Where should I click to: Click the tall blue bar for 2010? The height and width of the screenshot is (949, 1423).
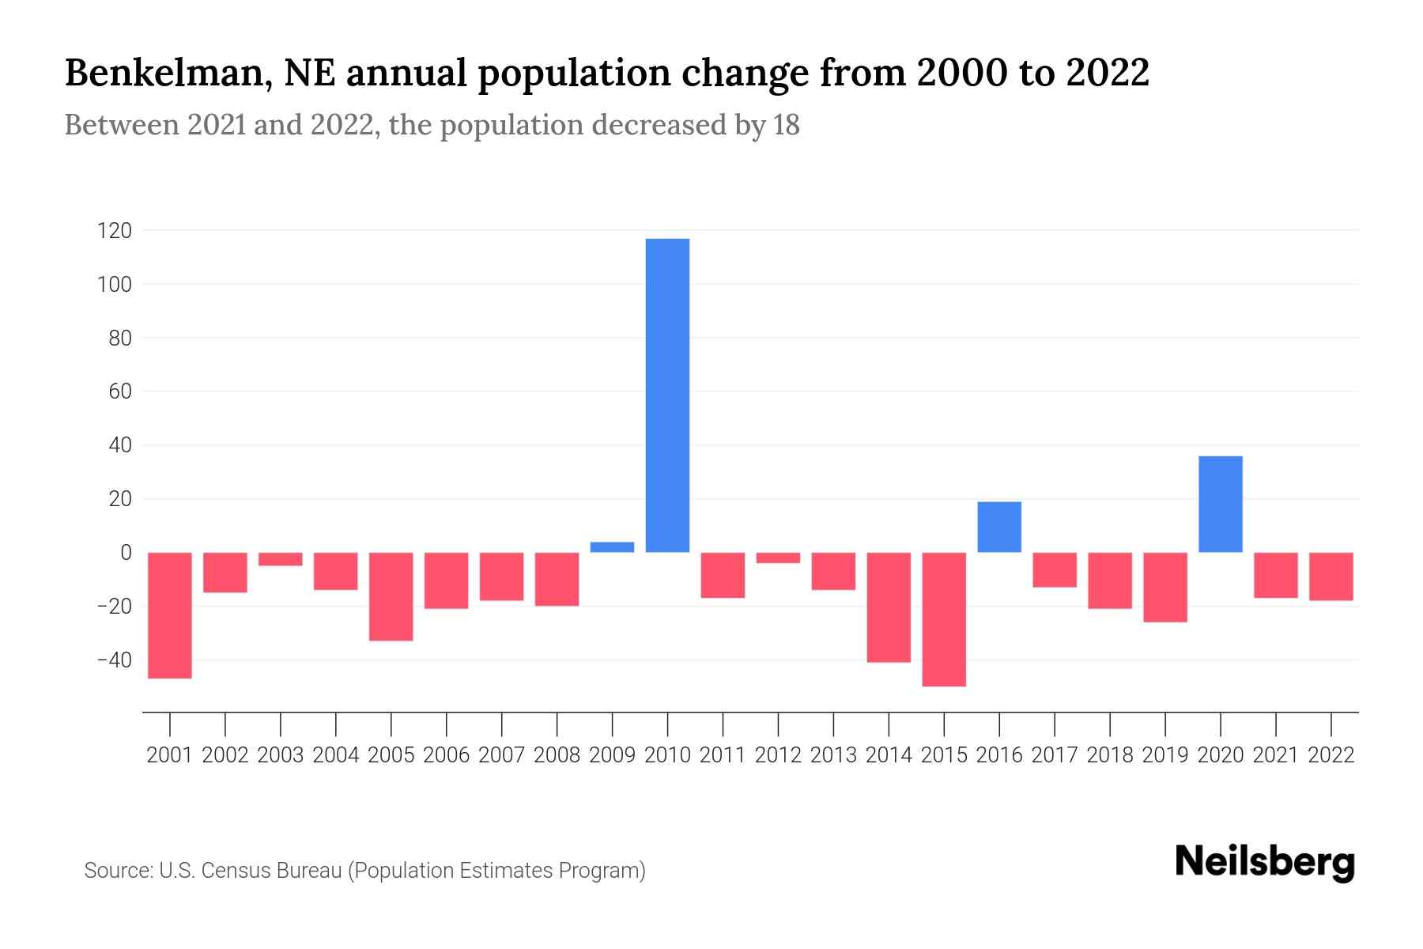(x=667, y=395)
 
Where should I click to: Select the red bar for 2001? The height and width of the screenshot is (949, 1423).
(x=170, y=615)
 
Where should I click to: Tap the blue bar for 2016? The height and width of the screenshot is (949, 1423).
(x=999, y=527)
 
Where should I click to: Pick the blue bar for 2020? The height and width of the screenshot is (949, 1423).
(x=1221, y=504)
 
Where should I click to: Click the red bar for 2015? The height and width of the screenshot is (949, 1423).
(x=944, y=619)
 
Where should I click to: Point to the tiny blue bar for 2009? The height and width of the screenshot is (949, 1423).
(x=612, y=547)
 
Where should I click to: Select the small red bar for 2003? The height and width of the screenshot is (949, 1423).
(x=281, y=559)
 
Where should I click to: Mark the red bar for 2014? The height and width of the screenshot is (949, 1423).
(x=889, y=607)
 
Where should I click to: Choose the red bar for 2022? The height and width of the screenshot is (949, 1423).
(x=1331, y=577)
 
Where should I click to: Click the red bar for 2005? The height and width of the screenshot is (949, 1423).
(x=391, y=596)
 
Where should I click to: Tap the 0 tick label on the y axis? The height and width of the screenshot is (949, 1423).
(x=126, y=553)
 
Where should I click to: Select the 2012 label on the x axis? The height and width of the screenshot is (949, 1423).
(x=778, y=755)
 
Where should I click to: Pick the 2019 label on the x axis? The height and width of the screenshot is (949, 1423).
(x=1165, y=755)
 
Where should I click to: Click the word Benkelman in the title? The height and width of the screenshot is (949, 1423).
(x=168, y=74)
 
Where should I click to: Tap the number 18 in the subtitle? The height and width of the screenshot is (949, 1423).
(x=786, y=125)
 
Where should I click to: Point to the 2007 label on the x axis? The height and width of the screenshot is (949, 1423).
(x=501, y=755)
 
